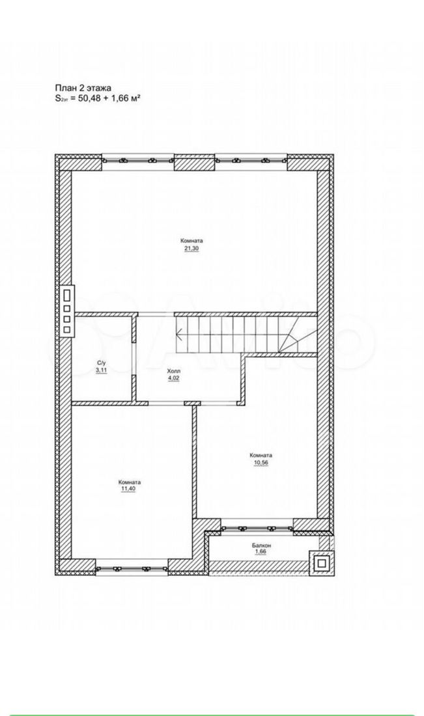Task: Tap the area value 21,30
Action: tap(191, 249)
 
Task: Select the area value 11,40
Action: tap(130, 489)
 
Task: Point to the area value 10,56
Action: tap(261, 462)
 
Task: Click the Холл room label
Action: tap(174, 372)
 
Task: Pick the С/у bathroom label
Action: tap(101, 364)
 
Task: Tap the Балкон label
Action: tap(261, 545)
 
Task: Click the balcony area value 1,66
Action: tap(261, 551)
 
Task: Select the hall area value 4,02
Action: tap(174, 378)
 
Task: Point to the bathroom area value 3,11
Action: tap(101, 370)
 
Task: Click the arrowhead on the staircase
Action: tap(180, 335)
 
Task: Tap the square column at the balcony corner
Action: tap(322, 562)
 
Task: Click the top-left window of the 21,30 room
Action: tap(138, 160)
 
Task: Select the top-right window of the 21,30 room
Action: tap(250, 160)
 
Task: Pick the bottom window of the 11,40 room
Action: tap(132, 568)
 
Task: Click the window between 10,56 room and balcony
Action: tap(257, 529)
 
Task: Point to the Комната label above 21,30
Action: tap(191, 241)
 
